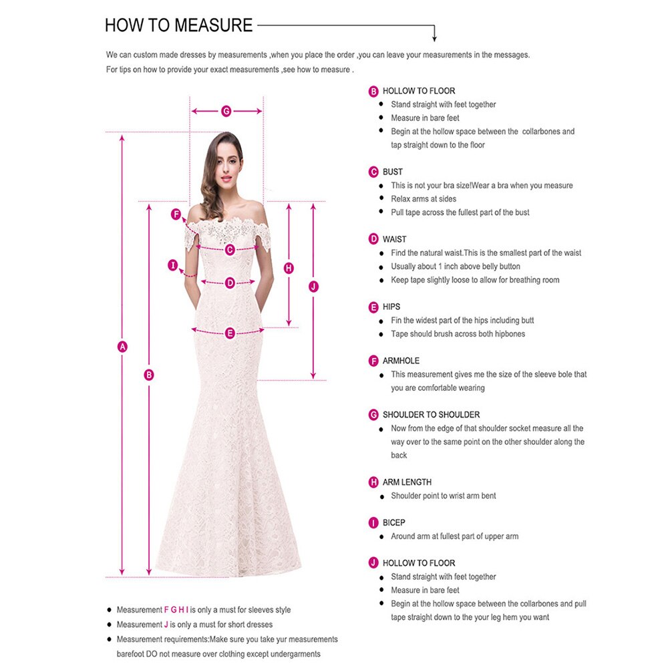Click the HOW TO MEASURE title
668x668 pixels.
pyautogui.click(x=178, y=26)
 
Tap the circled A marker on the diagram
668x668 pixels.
pyautogui.click(x=122, y=347)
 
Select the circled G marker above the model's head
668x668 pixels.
pyautogui.click(x=226, y=111)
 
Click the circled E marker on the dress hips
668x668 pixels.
pyautogui.click(x=230, y=333)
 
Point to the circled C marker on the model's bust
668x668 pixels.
pyautogui.click(x=230, y=250)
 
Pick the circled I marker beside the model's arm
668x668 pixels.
pyautogui.click(x=173, y=266)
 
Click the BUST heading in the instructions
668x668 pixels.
pyautogui.click(x=393, y=172)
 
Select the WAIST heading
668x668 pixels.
pyautogui.click(x=394, y=239)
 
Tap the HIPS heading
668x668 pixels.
pyautogui.click(x=391, y=307)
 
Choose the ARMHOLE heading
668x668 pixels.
pyautogui.click(x=401, y=361)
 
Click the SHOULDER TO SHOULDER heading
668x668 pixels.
pyautogui.click(x=431, y=415)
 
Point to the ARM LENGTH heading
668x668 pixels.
pyautogui.click(x=407, y=482)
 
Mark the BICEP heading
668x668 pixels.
pyautogui.click(x=394, y=522)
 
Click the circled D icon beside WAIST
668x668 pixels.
pyautogui.click(x=373, y=239)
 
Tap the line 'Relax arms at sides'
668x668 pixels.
pyautogui.click(x=424, y=199)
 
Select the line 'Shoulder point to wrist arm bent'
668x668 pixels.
pyautogui.click(x=443, y=496)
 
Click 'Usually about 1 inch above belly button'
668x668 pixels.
pyautogui.click(x=456, y=267)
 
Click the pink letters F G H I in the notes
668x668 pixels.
pyautogui.click(x=176, y=610)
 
